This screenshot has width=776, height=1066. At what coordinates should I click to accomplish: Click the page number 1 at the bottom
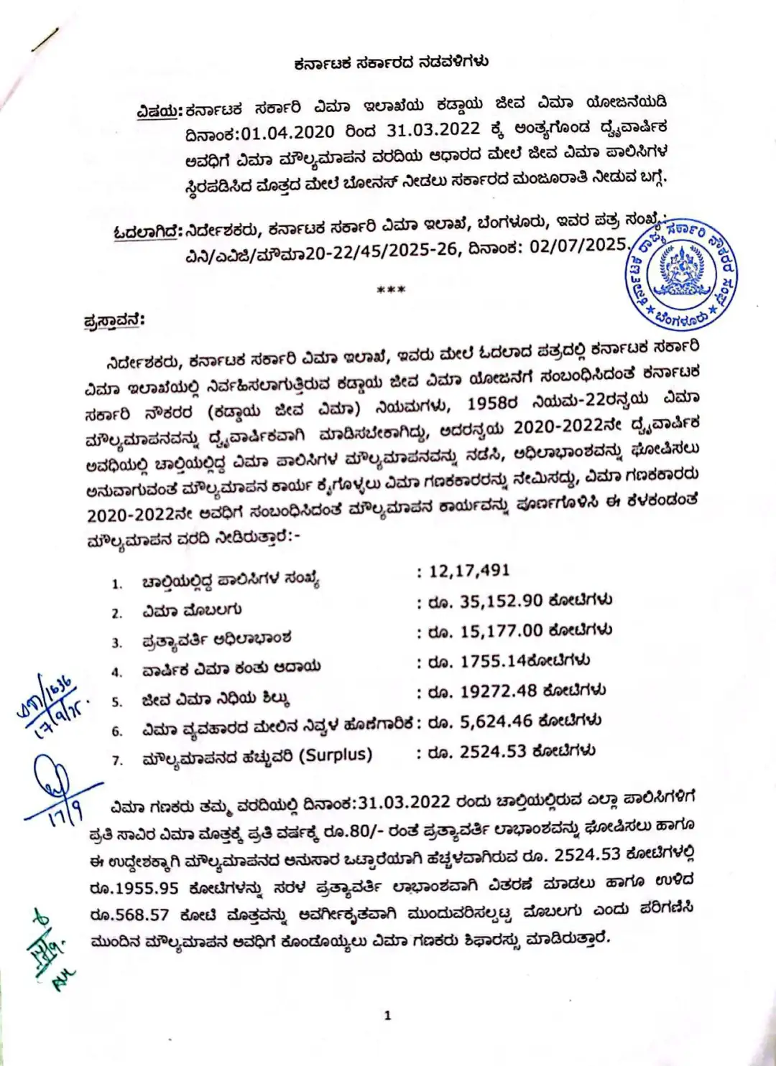click(x=388, y=1015)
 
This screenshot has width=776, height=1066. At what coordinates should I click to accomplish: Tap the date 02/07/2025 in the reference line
click(x=578, y=246)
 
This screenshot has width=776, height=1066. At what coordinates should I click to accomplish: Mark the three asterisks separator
click(x=392, y=290)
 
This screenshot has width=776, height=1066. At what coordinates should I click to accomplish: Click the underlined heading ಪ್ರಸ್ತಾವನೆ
click(x=114, y=321)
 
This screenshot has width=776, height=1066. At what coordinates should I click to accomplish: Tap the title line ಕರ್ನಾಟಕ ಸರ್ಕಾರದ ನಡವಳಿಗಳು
click(x=391, y=62)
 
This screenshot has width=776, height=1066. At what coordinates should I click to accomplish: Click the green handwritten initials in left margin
click(x=50, y=948)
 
